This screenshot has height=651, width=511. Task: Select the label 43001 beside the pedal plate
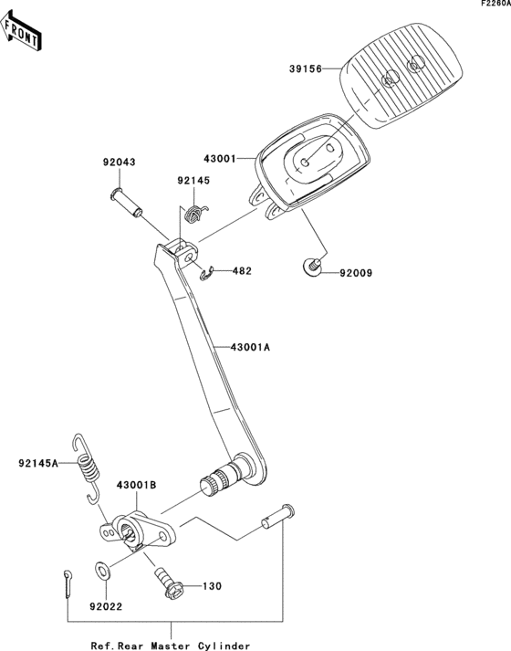[x=219, y=159]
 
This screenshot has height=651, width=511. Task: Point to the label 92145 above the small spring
[x=193, y=181]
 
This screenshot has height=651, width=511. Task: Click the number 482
[x=241, y=271]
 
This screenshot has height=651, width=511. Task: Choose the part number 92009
[x=358, y=272]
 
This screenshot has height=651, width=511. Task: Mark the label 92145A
[x=37, y=464]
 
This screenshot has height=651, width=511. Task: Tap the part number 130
[x=212, y=586]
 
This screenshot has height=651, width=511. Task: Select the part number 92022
[x=106, y=604]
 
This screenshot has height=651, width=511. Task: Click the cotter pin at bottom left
[x=70, y=583]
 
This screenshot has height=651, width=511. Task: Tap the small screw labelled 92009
[x=312, y=267]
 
